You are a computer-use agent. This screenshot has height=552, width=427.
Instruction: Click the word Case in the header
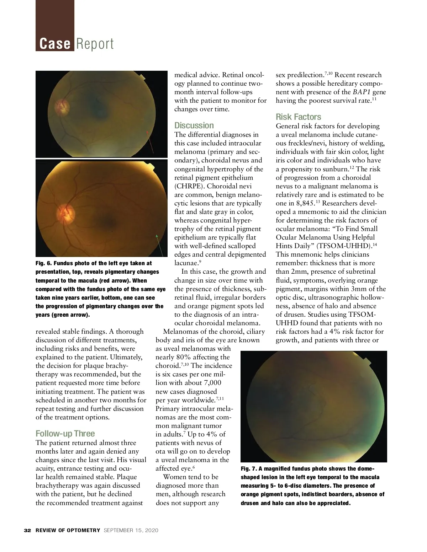(55, 44)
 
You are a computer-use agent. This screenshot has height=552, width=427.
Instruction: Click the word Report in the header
(95, 44)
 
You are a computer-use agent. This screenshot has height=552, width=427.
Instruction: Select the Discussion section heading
(194, 125)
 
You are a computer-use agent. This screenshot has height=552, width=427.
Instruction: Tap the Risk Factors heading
(298, 117)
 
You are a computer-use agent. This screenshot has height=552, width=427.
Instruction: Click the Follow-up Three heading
(65, 434)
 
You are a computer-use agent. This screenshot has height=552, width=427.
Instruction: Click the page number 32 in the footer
(27, 530)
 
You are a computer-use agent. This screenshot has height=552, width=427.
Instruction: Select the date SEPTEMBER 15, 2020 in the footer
(131, 530)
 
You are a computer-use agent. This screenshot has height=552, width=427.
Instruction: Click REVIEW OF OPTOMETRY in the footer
(68, 530)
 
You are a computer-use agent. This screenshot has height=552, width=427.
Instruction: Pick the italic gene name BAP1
(362, 92)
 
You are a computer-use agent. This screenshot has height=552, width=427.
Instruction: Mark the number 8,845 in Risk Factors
(305, 203)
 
